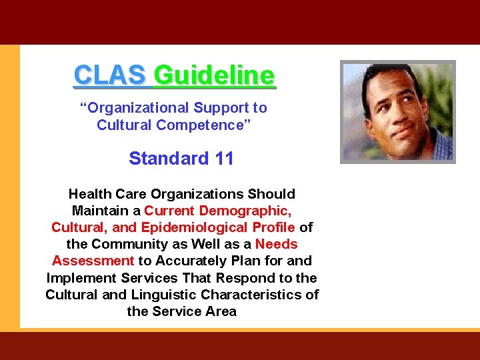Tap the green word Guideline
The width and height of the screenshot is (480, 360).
(x=213, y=75)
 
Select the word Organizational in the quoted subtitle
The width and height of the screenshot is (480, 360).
(x=138, y=108)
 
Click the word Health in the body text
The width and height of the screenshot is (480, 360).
(x=89, y=194)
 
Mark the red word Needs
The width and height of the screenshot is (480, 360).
(x=276, y=244)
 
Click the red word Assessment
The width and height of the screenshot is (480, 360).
(x=93, y=261)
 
